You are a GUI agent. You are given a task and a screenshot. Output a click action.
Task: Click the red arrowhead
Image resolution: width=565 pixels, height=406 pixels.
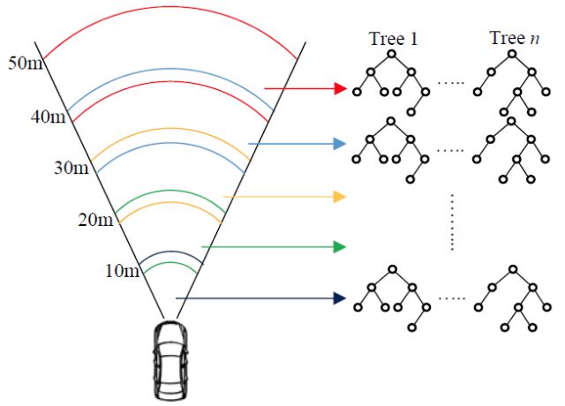pyautogui.click(x=339, y=88)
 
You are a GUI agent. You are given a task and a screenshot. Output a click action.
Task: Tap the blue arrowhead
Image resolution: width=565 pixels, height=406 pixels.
pyautogui.click(x=339, y=143)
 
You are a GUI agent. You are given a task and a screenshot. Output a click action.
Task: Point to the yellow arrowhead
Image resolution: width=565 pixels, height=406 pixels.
pyautogui.click(x=339, y=197)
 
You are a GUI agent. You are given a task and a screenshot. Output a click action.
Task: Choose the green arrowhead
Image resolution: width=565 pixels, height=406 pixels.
pyautogui.click(x=339, y=247)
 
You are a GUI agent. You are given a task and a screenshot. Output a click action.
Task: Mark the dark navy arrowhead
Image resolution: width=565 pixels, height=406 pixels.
pyautogui.click(x=339, y=299)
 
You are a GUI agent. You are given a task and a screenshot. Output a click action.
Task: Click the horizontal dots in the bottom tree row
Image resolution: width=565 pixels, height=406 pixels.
pyautogui.click(x=451, y=297)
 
